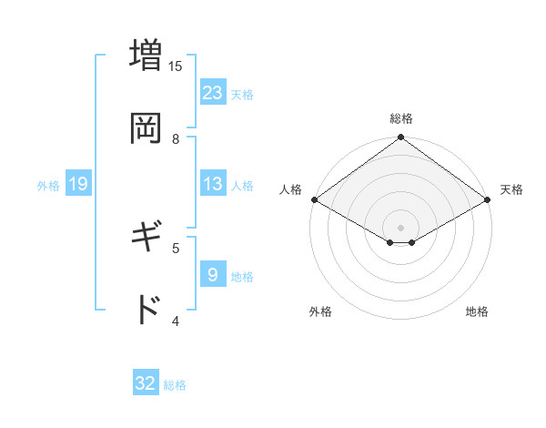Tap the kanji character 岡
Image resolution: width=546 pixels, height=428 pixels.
click(146, 127)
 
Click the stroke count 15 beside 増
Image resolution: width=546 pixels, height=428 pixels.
click(176, 66)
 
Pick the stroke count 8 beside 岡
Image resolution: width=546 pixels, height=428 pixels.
click(176, 138)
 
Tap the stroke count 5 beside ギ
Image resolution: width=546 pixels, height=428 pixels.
click(176, 247)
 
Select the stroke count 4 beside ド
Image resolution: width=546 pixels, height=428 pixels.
click(176, 321)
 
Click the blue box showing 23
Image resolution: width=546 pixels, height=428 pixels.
click(213, 92)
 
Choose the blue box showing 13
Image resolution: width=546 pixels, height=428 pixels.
click(213, 184)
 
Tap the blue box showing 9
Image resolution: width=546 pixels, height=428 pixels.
click(213, 274)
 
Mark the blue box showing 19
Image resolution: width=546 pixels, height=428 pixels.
click(78, 184)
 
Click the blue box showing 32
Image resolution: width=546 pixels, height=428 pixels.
click(146, 383)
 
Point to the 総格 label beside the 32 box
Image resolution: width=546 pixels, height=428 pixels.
click(175, 385)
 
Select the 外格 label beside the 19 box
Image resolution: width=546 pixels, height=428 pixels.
click(48, 186)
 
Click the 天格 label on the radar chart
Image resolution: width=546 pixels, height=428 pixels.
click(511, 189)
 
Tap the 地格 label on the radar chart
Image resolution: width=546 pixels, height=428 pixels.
click(477, 311)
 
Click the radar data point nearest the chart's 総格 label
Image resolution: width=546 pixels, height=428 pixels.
click(401, 139)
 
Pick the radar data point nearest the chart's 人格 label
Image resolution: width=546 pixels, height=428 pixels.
click(314, 199)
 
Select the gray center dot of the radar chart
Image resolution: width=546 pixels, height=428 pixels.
click(401, 227)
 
